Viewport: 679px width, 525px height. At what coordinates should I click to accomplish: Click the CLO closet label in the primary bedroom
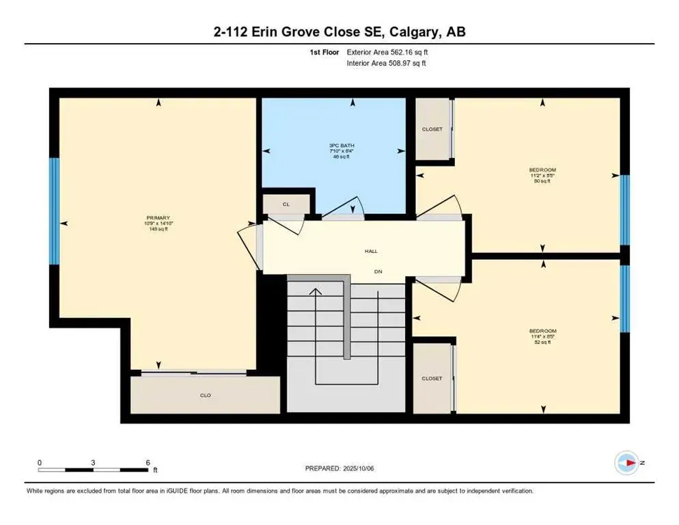(x=205, y=394)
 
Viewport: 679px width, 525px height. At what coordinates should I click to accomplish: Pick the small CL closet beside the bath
(x=286, y=204)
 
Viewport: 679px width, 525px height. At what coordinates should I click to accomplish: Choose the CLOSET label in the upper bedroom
(x=432, y=129)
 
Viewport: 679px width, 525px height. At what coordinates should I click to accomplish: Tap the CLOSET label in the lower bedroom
(x=432, y=378)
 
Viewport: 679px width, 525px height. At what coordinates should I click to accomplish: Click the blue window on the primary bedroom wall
(x=54, y=211)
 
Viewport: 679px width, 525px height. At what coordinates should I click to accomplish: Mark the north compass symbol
(x=625, y=463)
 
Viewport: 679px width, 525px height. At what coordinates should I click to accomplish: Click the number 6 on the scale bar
(x=147, y=462)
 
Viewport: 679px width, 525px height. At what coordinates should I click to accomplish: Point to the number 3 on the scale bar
(x=93, y=462)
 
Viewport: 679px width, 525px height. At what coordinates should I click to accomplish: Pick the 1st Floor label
(x=324, y=52)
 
